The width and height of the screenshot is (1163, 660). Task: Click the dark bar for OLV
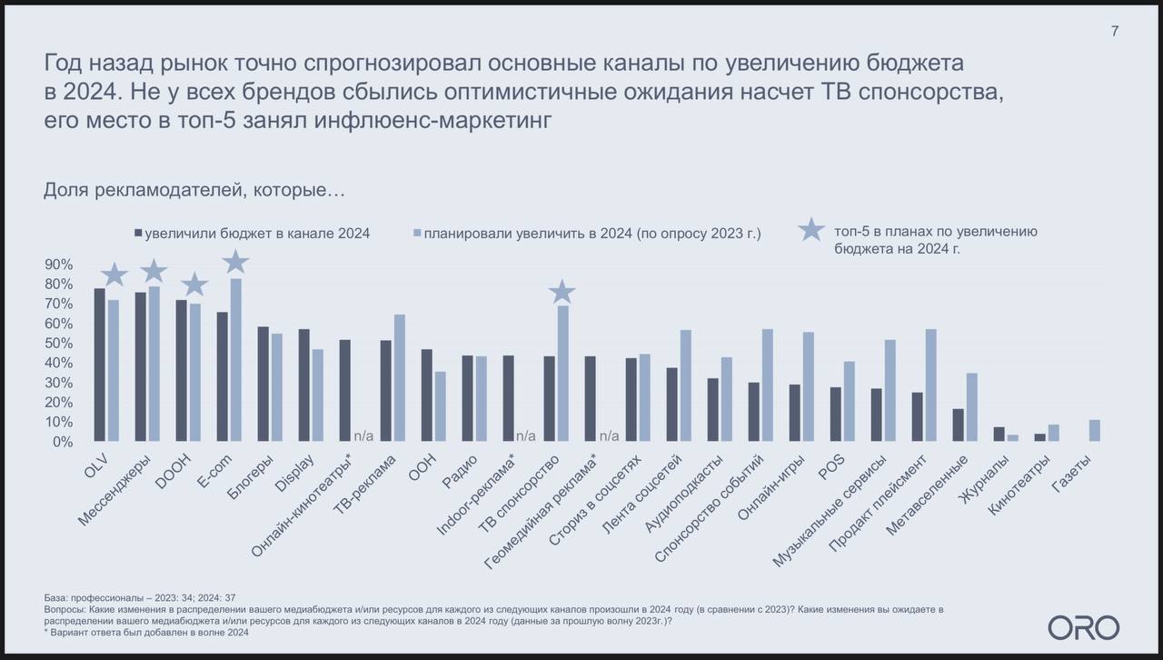99,365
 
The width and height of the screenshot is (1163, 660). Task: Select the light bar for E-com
235,360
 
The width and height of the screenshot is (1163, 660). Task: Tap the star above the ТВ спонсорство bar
562,292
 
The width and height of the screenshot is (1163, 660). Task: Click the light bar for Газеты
1094,431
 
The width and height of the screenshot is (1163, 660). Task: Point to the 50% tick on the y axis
59,344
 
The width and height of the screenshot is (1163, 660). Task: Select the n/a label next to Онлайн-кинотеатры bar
363,435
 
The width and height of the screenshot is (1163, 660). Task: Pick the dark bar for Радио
467,398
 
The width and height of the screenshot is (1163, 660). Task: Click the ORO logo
1083,627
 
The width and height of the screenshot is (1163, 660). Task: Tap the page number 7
1115,31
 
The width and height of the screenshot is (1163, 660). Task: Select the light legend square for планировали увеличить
417,233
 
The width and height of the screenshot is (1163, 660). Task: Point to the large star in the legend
811,231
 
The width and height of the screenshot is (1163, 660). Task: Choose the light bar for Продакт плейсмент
930,385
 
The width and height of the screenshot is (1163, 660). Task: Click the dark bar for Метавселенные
959,425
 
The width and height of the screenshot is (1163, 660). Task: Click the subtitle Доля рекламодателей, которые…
194,190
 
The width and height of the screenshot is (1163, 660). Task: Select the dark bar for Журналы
999,435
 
